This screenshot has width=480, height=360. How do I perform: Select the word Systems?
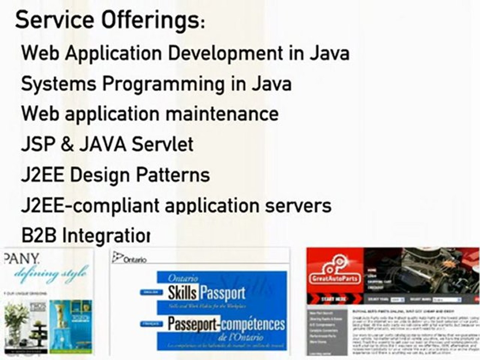59,84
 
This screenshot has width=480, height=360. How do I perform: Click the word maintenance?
222,114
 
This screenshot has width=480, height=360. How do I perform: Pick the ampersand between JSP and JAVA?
67,145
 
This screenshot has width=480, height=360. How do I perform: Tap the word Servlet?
162,145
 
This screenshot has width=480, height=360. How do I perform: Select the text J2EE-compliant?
90,206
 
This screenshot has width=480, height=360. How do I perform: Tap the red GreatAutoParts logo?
335,272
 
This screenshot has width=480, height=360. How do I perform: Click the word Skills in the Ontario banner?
182,293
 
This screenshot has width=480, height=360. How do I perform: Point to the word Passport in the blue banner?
223,293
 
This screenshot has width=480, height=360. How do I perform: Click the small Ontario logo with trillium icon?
130,258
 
